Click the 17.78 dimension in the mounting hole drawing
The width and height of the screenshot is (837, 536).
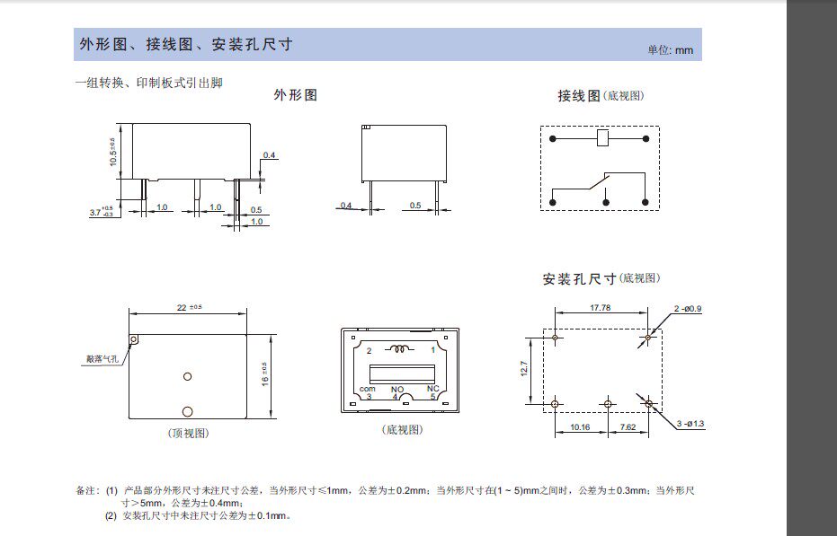(x=601, y=307)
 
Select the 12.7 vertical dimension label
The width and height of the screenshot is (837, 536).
(x=523, y=369)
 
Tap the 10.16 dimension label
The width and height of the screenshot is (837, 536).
(x=580, y=426)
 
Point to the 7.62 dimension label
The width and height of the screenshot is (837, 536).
(x=628, y=426)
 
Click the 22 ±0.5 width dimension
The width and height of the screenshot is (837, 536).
(x=190, y=307)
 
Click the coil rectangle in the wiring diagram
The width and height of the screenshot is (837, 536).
(x=604, y=138)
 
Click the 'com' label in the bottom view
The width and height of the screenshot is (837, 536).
(x=367, y=389)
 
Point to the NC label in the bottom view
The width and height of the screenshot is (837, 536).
(x=432, y=389)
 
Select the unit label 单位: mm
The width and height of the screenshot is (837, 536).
(x=671, y=50)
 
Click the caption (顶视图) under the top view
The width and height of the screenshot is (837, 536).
(x=188, y=433)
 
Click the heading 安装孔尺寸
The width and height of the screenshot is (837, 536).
(x=579, y=279)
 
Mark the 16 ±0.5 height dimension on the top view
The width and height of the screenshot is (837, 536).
(x=264, y=375)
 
